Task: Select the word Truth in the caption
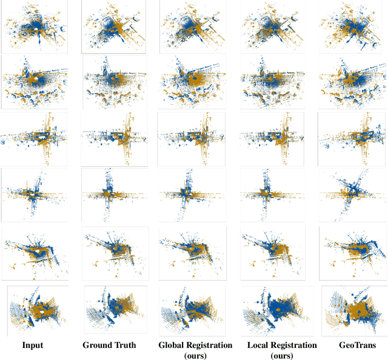pyautogui.click(x=125, y=345)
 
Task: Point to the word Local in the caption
pyautogui.click(x=260, y=345)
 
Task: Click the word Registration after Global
pyautogui.click(x=211, y=345)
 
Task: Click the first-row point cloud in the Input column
pyautogui.click(x=35, y=27)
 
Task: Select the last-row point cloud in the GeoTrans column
pyautogui.click(x=352, y=311)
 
